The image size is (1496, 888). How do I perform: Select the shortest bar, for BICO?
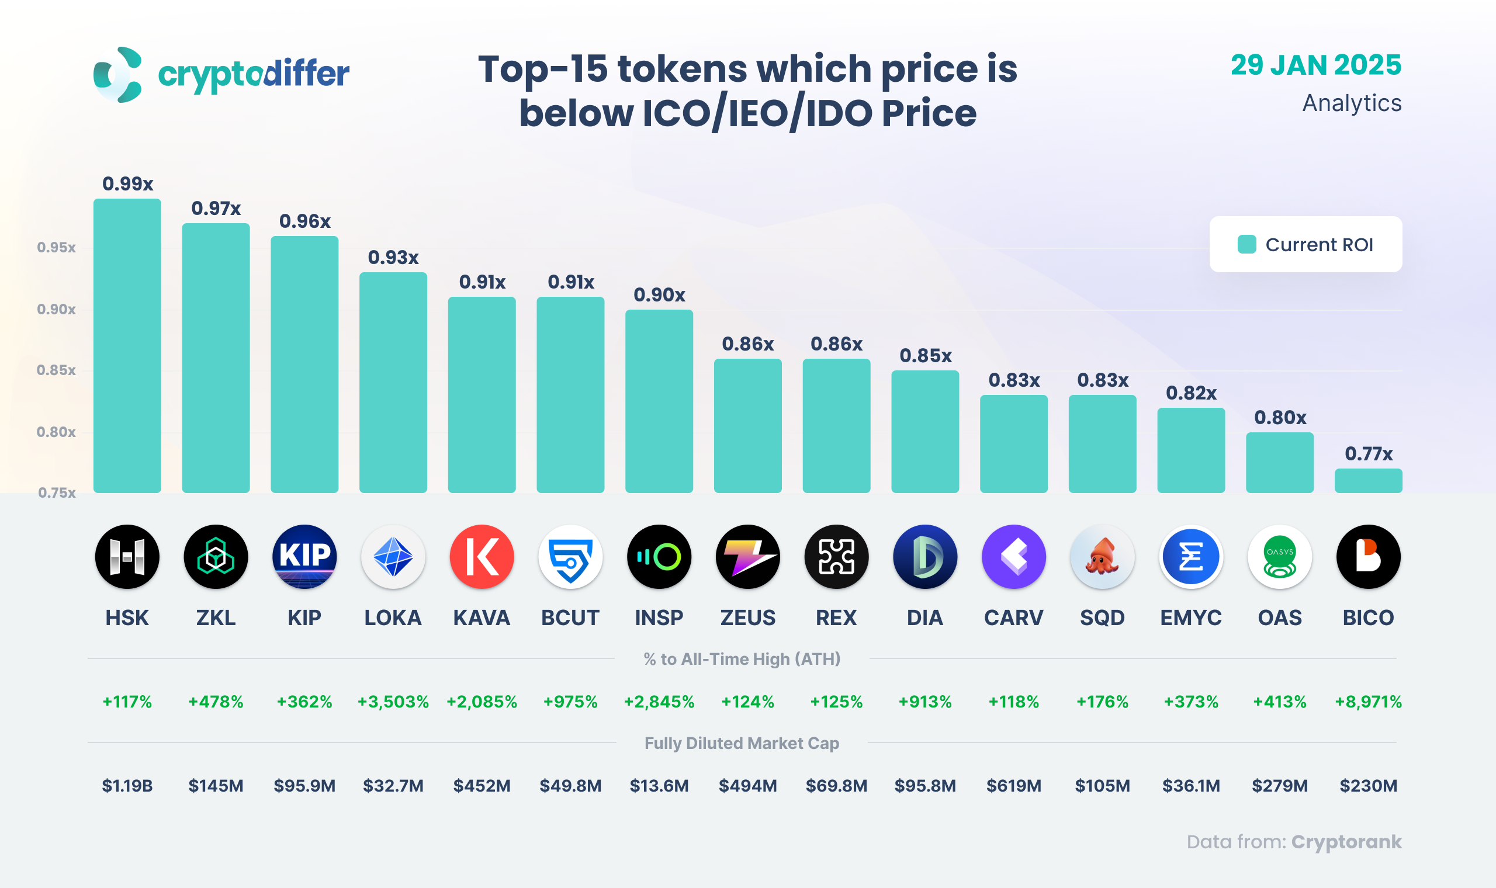(x=1368, y=481)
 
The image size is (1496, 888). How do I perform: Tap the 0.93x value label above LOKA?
(x=393, y=257)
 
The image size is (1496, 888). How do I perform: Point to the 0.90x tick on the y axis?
(x=56, y=310)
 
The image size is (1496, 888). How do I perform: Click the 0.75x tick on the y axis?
(x=57, y=492)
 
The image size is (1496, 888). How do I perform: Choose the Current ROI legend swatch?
(x=1246, y=244)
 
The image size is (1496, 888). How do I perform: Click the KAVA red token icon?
(x=482, y=557)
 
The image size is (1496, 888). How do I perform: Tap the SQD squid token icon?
(x=1102, y=557)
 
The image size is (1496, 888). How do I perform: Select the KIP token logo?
(x=304, y=557)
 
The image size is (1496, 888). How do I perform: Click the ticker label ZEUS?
(x=747, y=618)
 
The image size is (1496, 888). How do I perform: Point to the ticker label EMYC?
(x=1191, y=618)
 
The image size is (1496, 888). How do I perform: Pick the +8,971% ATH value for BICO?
(x=1368, y=701)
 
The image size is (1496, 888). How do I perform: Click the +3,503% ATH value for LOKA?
(x=393, y=701)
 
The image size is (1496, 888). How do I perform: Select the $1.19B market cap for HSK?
(x=127, y=786)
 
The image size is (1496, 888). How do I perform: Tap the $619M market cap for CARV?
(x=1014, y=786)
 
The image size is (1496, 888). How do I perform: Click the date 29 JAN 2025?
(x=1315, y=65)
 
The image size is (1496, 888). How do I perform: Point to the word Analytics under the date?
(x=1352, y=103)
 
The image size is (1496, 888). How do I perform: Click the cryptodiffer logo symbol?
(x=118, y=75)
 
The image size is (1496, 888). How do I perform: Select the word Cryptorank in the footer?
(x=1346, y=842)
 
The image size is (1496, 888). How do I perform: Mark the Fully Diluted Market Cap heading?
(x=742, y=743)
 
